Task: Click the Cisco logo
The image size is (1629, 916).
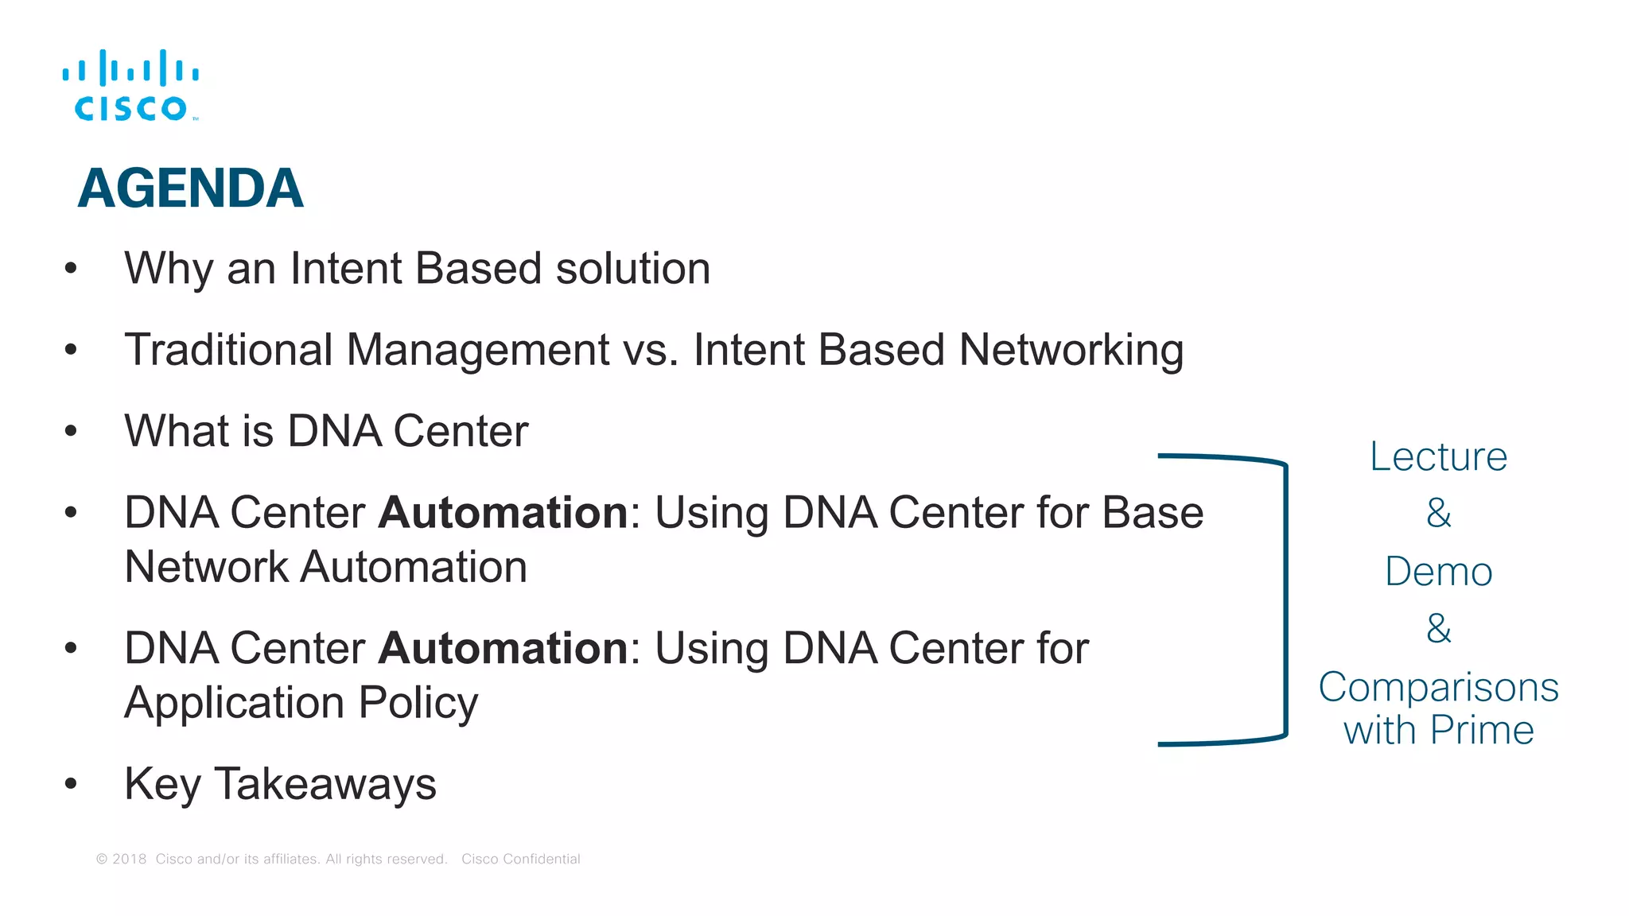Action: [131, 86]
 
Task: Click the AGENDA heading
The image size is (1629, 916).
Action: [190, 188]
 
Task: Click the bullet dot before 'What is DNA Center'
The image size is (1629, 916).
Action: [71, 431]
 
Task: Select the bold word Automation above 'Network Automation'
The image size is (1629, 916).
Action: [503, 512]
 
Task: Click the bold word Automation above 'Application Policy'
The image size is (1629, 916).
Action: [503, 648]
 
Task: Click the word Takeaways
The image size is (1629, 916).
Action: [325, 784]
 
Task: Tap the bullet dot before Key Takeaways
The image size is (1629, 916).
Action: [71, 784]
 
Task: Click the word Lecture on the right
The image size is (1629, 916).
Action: [1438, 457]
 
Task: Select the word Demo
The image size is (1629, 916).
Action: [1438, 572]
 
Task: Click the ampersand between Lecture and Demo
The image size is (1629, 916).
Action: [1438, 513]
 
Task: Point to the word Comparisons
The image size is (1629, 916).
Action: [1438, 687]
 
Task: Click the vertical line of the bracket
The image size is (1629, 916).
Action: [1285, 600]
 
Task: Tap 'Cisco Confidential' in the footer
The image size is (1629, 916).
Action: [520, 859]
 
